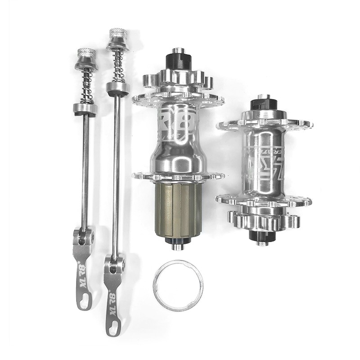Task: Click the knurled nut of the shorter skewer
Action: pos(86,53)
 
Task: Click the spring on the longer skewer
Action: pos(118,65)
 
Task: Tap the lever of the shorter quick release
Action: pos(83,270)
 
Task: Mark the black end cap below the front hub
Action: pos(262,235)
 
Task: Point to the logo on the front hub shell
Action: pos(264,162)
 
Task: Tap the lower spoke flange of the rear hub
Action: pos(178,176)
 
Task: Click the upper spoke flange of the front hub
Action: pos(265,124)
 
